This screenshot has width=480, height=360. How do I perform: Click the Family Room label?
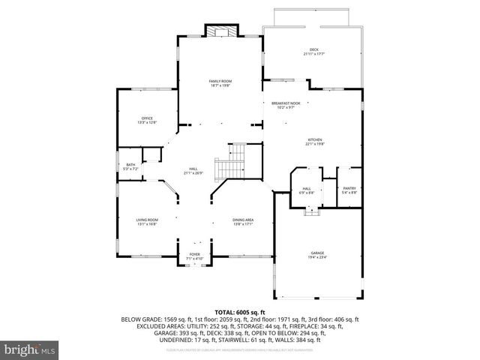tap(220, 81)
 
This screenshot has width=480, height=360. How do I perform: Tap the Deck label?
tap(314, 49)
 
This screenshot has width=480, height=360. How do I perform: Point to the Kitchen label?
tap(314, 140)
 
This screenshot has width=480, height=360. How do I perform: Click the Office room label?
tap(147, 118)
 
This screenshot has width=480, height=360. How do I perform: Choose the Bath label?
tap(130, 165)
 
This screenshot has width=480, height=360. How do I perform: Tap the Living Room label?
tap(147, 220)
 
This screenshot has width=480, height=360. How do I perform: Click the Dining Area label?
tap(243, 220)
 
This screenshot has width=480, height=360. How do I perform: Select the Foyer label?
tap(195, 255)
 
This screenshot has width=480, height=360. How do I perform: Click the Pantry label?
tap(349, 189)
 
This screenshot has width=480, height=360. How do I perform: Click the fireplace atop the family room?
tap(220, 31)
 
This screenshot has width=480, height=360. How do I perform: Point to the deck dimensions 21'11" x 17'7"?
tap(314, 55)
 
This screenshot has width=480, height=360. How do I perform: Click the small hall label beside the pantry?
tap(307, 189)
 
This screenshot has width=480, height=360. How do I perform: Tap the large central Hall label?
tap(193, 169)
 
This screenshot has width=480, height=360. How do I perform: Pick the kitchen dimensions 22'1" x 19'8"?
tap(314, 145)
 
